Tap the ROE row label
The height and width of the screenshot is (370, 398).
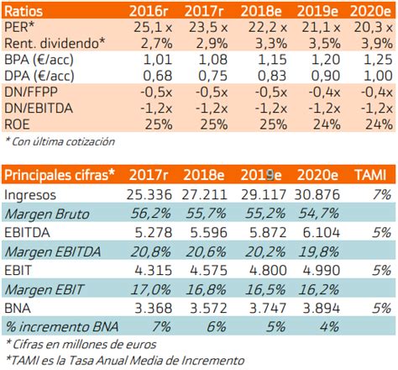(x=18, y=124)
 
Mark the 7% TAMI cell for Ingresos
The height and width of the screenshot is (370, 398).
(x=382, y=194)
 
